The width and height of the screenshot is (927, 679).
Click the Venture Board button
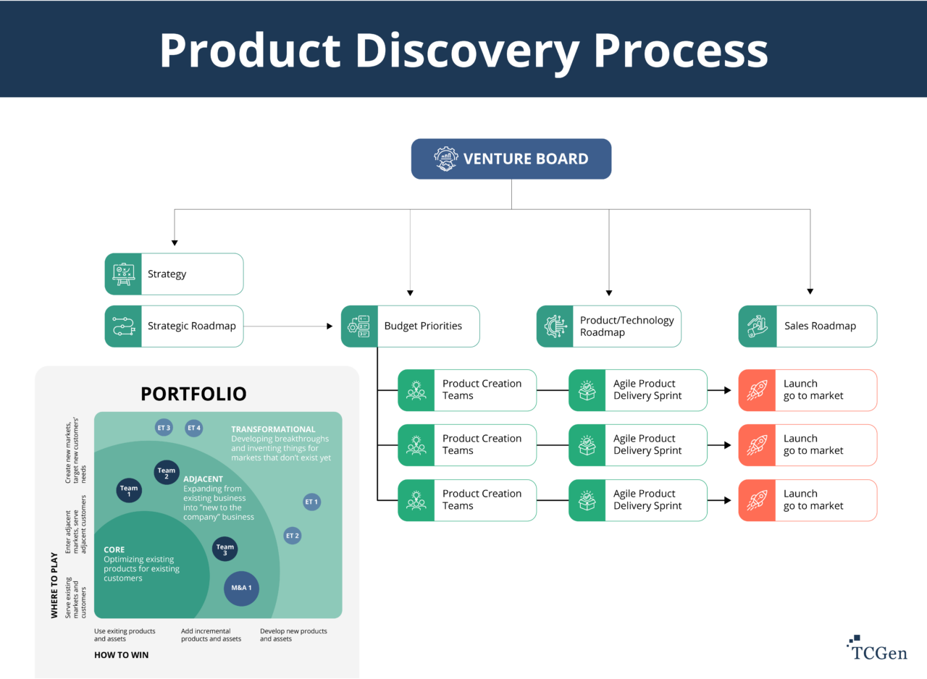point(511,159)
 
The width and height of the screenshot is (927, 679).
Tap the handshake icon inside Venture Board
point(446,159)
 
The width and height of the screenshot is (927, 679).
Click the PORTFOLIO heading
point(193,394)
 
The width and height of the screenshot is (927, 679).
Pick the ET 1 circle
point(311,502)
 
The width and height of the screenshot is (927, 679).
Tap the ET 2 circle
point(293,536)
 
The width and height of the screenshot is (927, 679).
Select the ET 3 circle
point(164,428)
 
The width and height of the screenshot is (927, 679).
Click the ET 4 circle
point(193,428)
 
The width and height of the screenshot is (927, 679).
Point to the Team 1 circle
point(129,490)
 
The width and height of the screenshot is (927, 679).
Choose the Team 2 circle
point(167,473)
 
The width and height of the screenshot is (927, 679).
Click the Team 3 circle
point(225,549)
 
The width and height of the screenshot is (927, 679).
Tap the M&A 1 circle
point(241,588)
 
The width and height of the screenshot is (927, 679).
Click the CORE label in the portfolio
point(115,550)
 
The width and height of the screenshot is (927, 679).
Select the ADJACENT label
point(203,479)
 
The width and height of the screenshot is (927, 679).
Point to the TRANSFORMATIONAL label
point(273,429)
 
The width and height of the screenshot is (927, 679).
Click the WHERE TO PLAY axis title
point(54,585)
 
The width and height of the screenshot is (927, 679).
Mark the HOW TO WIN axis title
point(121,655)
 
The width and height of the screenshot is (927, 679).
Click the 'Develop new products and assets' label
point(293,635)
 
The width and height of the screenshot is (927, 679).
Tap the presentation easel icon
point(123,274)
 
